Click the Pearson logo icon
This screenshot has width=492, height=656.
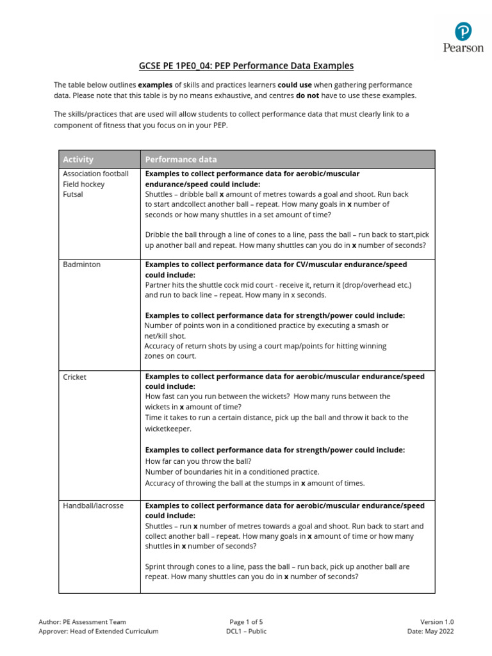point(463,31)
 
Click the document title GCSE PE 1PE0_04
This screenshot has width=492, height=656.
point(246,65)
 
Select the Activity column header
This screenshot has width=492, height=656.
point(78,160)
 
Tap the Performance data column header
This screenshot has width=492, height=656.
point(181,160)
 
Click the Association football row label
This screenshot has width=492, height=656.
point(95,174)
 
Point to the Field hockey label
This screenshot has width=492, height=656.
point(83,184)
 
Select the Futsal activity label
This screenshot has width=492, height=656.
point(73,194)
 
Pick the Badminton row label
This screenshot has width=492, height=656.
point(81,264)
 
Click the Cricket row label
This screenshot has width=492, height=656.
point(74,377)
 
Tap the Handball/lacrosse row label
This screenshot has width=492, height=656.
point(93,505)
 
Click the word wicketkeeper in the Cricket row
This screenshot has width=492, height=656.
point(168,428)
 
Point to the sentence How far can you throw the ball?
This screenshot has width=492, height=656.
point(199,461)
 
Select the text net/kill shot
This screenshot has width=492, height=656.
point(165,336)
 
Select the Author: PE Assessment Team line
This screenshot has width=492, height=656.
point(82,621)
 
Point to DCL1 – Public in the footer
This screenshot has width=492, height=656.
point(246,631)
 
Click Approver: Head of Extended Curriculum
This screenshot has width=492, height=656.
point(99,631)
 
